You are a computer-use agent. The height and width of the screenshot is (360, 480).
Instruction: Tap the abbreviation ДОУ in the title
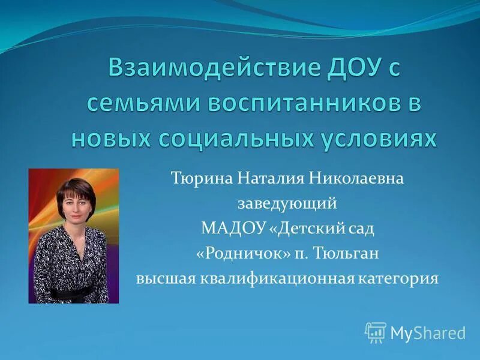pyautogui.click(x=340, y=68)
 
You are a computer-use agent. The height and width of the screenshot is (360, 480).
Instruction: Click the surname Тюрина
pyautogui.click(x=201, y=178)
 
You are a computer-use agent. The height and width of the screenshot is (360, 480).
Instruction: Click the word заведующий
pyautogui.click(x=287, y=203)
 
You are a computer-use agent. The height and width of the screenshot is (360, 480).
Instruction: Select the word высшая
pyautogui.click(x=160, y=279)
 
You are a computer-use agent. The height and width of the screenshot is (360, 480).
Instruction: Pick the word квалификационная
pyautogui.click(x=274, y=279)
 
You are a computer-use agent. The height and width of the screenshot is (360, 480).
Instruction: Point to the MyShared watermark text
pyautogui.click(x=428, y=332)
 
